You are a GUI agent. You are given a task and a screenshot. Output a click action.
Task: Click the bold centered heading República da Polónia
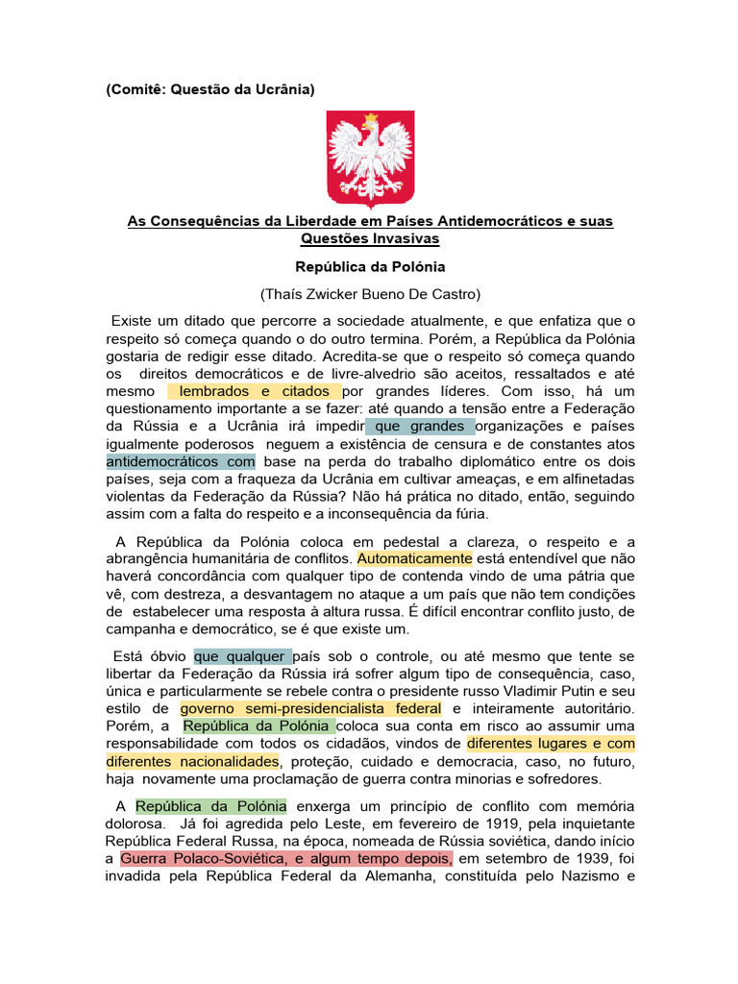(x=370, y=266)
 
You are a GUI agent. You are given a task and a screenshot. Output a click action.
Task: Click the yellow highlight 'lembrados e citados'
(x=256, y=391)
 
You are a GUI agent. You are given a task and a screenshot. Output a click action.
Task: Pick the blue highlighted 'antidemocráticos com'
(x=180, y=461)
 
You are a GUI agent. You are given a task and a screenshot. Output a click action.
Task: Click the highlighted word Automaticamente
(x=414, y=558)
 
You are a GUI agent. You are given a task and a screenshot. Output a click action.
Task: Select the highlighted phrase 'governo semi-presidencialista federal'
(x=310, y=708)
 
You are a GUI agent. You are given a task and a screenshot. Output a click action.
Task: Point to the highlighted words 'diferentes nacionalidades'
(x=191, y=761)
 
